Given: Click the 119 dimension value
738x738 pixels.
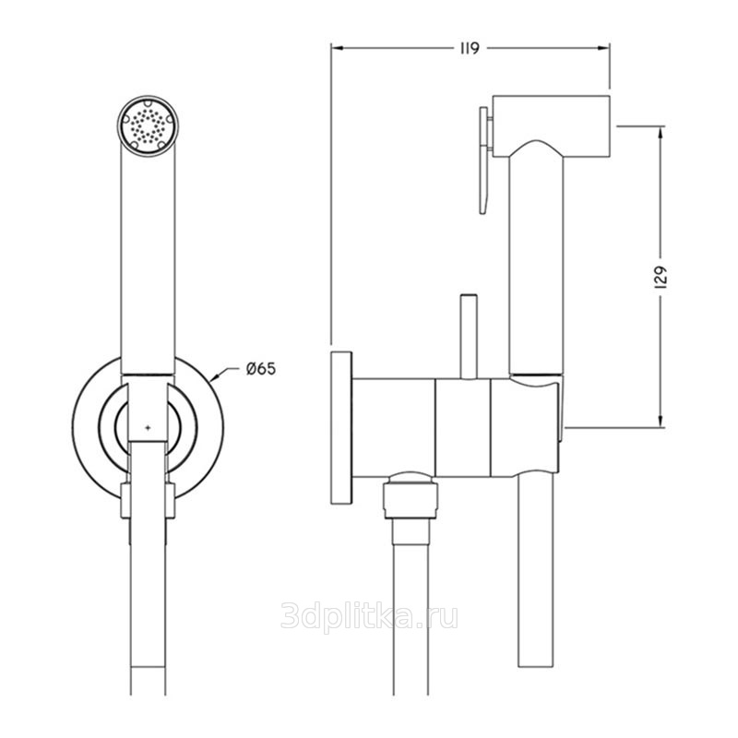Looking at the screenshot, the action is click(470, 48).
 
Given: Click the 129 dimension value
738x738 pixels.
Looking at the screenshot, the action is click(661, 278).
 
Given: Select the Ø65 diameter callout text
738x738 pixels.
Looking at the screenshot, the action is click(261, 368).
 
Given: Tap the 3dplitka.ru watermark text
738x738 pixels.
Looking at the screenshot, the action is click(369, 615).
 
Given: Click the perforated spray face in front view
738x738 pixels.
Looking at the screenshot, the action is click(148, 126).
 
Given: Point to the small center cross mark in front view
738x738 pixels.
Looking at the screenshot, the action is click(149, 428).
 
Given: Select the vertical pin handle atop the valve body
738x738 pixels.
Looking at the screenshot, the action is click(469, 337).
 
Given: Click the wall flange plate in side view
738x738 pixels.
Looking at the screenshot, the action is click(341, 427).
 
